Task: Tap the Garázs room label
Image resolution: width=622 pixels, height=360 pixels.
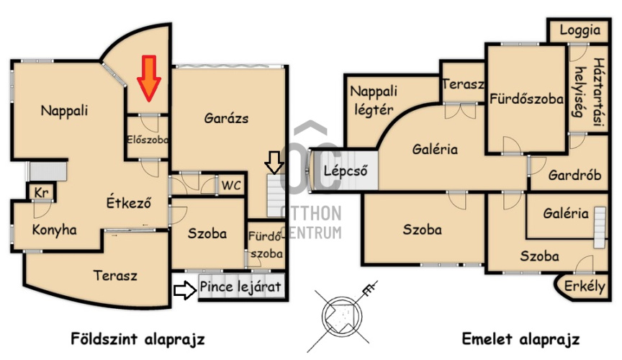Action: (226, 118)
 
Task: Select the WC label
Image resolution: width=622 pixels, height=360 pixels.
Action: (231, 185)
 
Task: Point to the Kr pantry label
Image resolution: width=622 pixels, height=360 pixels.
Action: (41, 192)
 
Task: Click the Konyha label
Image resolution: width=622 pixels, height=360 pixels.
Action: (54, 230)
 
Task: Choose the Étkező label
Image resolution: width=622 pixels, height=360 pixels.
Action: (129, 202)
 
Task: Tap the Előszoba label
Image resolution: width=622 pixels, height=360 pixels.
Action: (147, 140)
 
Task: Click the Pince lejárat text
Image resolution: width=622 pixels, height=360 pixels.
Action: (240, 286)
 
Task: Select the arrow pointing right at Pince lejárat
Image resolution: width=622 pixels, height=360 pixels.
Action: (185, 290)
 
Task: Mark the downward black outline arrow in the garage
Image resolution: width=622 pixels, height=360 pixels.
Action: (274, 162)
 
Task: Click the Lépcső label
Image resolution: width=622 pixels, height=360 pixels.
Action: (345, 171)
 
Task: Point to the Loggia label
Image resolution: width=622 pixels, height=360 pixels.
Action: (580, 30)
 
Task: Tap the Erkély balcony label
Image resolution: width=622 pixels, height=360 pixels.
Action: (585, 286)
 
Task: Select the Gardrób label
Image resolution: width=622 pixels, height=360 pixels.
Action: (574, 175)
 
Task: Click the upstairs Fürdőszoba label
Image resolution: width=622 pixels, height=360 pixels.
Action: (526, 99)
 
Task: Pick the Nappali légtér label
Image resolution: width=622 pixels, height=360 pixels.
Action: (374, 100)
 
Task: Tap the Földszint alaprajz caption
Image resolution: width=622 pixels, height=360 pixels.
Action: (138, 339)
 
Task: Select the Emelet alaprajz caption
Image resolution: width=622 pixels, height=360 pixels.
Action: (520, 339)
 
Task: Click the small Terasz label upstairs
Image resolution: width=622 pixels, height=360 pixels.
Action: (464, 84)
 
